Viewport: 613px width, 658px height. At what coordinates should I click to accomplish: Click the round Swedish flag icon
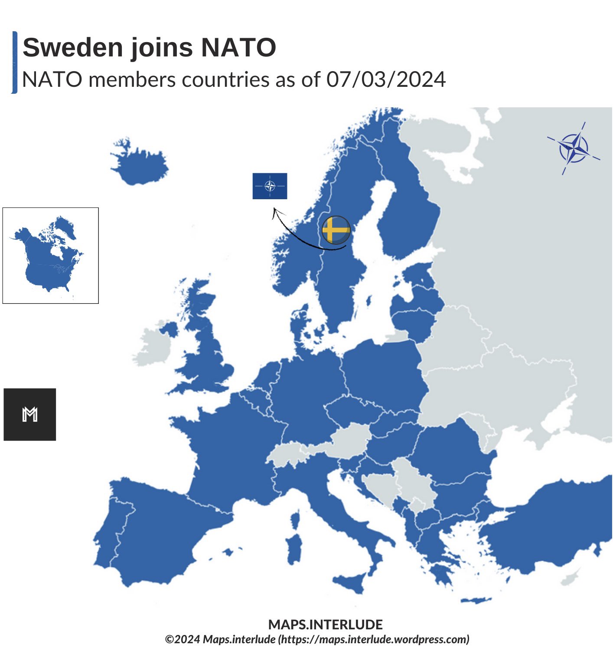pos(336,230)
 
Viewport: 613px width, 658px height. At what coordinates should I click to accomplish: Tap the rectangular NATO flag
pos(270,186)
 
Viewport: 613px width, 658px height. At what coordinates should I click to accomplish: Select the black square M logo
pos(30,415)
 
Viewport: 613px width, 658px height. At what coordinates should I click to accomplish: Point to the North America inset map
pos(50,256)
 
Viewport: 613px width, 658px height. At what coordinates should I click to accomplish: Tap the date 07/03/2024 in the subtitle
pos(386,79)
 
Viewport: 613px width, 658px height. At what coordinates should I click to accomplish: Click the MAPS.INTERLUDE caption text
pos(325,625)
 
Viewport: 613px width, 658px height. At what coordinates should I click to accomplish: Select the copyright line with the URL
pos(317,639)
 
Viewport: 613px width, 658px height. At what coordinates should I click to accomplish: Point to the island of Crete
pos(476,601)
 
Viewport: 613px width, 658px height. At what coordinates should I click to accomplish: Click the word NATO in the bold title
pos(238,47)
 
